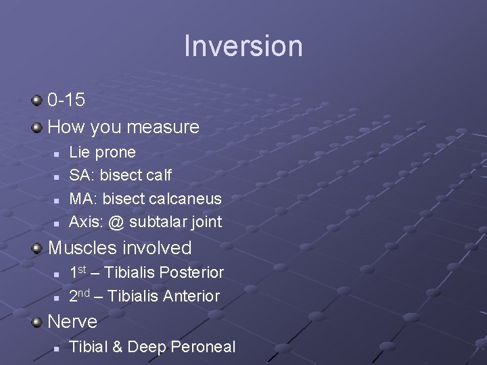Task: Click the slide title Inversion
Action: pyautogui.click(x=243, y=46)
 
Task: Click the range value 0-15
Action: pyautogui.click(x=66, y=100)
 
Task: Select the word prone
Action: pyautogui.click(x=116, y=153)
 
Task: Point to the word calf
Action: pyautogui.click(x=158, y=176)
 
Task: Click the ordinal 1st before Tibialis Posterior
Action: pyautogui.click(x=78, y=272)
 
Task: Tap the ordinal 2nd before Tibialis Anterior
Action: pyautogui.click(x=80, y=295)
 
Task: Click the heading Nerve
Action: pyautogui.click(x=72, y=322)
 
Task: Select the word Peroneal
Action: pyautogui.click(x=203, y=347)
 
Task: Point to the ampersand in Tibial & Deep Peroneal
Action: pyautogui.click(x=117, y=347)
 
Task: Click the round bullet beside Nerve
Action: pyautogui.click(x=37, y=322)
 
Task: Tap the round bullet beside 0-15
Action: pyautogui.click(x=37, y=101)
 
